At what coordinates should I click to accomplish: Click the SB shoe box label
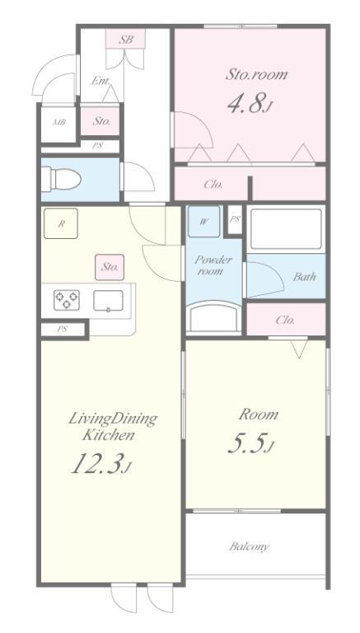point(126,40)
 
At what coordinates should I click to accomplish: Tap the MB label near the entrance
point(59,122)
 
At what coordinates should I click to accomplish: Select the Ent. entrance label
point(100,81)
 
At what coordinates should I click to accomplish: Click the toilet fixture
point(61,179)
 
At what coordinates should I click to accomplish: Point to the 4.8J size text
point(250,104)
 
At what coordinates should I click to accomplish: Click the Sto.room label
point(256,74)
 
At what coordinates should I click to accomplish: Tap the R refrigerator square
point(60,223)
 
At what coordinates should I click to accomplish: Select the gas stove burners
point(67,300)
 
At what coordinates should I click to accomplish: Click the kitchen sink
point(108,301)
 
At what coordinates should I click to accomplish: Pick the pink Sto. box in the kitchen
point(110,267)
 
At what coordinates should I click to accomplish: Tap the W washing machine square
point(203,221)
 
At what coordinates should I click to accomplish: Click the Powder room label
point(213,265)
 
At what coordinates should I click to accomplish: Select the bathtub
point(286,229)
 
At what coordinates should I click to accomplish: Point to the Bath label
point(304,277)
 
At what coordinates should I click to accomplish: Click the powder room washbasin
point(213,317)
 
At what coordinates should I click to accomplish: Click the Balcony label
point(249,546)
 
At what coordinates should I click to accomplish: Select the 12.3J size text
point(101,463)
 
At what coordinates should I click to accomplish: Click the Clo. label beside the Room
point(285,320)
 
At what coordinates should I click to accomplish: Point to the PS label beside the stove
point(62,329)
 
